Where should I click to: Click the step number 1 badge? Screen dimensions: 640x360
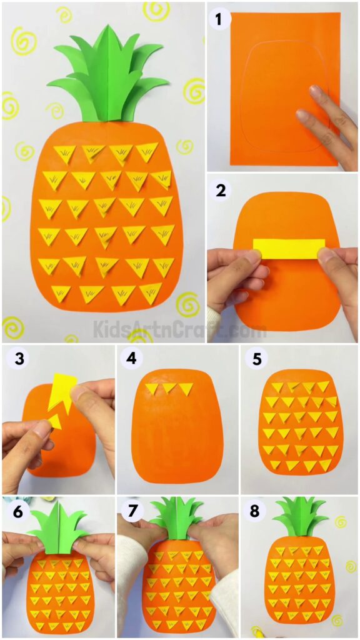(x=219, y=21)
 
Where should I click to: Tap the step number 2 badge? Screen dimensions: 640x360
(x=221, y=191)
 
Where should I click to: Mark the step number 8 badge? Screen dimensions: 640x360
(x=254, y=511)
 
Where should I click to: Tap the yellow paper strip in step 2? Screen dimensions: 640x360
(x=289, y=248)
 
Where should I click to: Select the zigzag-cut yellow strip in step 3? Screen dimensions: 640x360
(x=64, y=392)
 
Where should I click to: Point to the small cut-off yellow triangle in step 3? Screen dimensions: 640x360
(x=55, y=421)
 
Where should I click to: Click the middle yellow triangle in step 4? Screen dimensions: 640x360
(x=168, y=389)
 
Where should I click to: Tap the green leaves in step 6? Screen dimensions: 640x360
(x=57, y=531)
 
